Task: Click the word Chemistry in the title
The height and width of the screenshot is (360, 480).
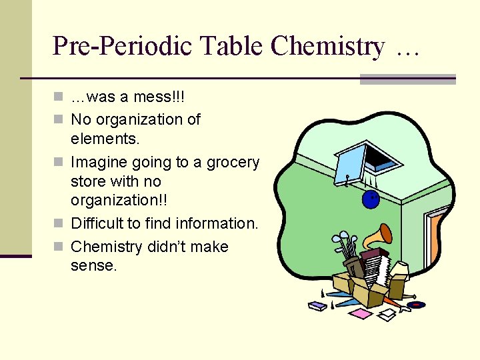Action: coord(328,46)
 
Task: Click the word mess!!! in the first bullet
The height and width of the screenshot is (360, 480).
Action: coord(160,97)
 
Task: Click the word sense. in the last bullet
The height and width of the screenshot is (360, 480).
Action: coord(93,266)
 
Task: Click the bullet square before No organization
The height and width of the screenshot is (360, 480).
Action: coord(59,120)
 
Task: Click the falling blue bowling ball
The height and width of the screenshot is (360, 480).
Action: coord(371,198)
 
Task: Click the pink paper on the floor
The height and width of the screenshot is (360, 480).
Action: coord(361,313)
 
